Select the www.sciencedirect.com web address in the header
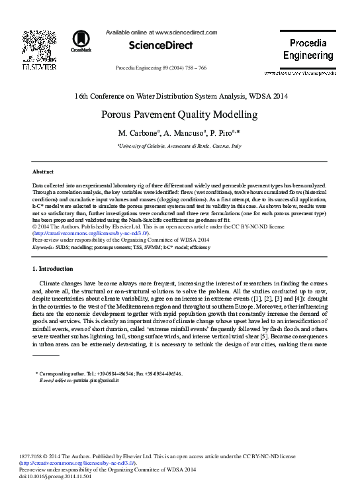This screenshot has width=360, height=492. (x=185, y=32)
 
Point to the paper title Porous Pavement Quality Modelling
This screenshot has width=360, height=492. (x=179, y=115)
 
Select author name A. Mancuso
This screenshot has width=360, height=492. (x=183, y=134)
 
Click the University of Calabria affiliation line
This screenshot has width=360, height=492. (x=179, y=146)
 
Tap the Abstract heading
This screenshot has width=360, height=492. (x=43, y=171)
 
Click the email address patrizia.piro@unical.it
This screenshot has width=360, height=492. (x=85, y=382)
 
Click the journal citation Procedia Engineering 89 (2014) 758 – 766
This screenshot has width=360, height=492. (x=161, y=69)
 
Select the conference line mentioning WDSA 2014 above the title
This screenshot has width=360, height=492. (x=179, y=95)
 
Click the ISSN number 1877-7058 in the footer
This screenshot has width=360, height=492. (x=44, y=457)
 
